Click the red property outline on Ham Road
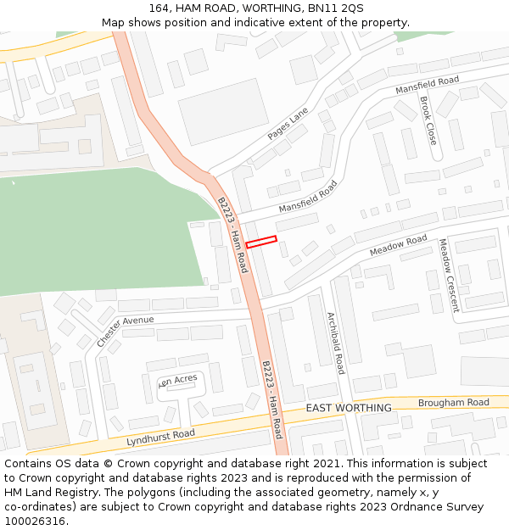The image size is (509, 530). coord(261,242)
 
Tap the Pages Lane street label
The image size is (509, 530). coord(288,125)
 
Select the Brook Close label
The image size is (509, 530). coord(428,120)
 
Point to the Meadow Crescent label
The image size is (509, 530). coord(448,276)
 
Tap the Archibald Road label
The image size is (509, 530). coord(336,343)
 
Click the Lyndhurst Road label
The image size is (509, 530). coord(160,438)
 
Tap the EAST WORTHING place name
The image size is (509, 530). coord(349,408)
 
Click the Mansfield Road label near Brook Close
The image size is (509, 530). coord(428,86)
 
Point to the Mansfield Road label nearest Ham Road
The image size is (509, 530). coord(308,197)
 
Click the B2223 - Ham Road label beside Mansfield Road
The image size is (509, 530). coord(232,235)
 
